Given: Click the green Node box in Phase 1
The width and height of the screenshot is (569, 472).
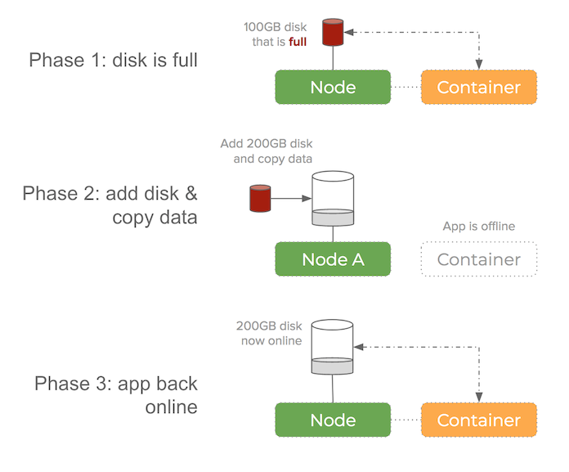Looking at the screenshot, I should point(333,88).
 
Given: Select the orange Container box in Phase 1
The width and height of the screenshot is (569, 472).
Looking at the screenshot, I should point(479,88).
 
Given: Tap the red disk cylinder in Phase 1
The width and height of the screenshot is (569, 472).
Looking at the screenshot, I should point(332,32).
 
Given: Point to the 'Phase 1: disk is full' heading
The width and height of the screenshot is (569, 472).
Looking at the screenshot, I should point(114,60).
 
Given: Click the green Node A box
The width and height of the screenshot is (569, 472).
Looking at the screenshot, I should point(333,259).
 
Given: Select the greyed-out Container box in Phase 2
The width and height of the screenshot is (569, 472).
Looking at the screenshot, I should point(479,259).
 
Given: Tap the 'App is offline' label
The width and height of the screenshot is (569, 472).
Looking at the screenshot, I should point(478,227).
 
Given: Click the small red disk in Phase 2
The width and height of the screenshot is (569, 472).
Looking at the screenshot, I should point(260,197).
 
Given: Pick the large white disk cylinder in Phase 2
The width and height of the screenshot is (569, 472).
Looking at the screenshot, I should point(333,199).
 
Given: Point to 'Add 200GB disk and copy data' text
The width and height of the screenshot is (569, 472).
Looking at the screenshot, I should point(267,151).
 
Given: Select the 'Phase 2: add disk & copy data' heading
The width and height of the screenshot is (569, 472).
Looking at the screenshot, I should point(110,205).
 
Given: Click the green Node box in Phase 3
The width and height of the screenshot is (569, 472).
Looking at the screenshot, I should point(333,420).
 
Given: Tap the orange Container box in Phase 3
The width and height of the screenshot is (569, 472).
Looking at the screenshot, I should point(479,420).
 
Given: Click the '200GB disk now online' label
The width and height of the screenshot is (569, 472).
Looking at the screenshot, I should point(269,333).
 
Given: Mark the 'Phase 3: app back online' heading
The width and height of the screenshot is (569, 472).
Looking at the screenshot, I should point(116,394).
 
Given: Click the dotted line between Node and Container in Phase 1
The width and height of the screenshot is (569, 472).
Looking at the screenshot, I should point(405,88).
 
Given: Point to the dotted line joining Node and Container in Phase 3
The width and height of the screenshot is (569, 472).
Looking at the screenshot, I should point(405,420).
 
